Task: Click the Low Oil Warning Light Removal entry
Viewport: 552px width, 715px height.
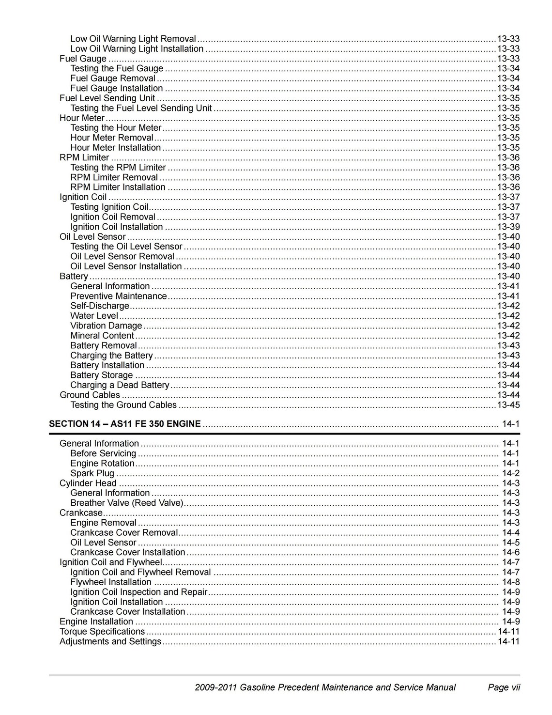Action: [x=133, y=39]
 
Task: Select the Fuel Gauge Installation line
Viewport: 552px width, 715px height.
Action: [x=117, y=88]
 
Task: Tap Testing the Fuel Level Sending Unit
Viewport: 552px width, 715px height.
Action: [x=141, y=108]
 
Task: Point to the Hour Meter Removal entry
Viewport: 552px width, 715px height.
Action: [x=112, y=138]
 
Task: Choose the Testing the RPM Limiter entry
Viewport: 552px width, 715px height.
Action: [x=118, y=168]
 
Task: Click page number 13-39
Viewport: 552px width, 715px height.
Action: [x=508, y=227]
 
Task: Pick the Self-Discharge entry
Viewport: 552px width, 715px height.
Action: [x=100, y=306]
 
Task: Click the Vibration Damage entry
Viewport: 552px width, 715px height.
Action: [x=106, y=326]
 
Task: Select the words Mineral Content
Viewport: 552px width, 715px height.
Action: [x=102, y=336]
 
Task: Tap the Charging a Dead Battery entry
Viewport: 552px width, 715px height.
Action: [x=120, y=385]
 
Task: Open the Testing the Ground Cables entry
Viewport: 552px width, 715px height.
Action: [x=123, y=405]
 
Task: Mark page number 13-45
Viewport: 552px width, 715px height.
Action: [x=508, y=405]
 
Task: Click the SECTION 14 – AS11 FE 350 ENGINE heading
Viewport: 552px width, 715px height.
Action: [x=125, y=424]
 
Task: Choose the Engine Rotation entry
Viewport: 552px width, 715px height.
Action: [x=102, y=464]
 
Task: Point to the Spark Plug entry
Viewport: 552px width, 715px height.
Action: [x=92, y=473]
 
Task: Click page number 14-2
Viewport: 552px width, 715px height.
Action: [x=511, y=473]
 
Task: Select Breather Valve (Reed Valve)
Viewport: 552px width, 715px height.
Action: [x=127, y=503]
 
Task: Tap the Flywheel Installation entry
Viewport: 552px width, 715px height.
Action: [x=111, y=582]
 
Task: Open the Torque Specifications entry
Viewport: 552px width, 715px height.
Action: [x=102, y=632]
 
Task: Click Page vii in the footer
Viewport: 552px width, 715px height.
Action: [x=504, y=687]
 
